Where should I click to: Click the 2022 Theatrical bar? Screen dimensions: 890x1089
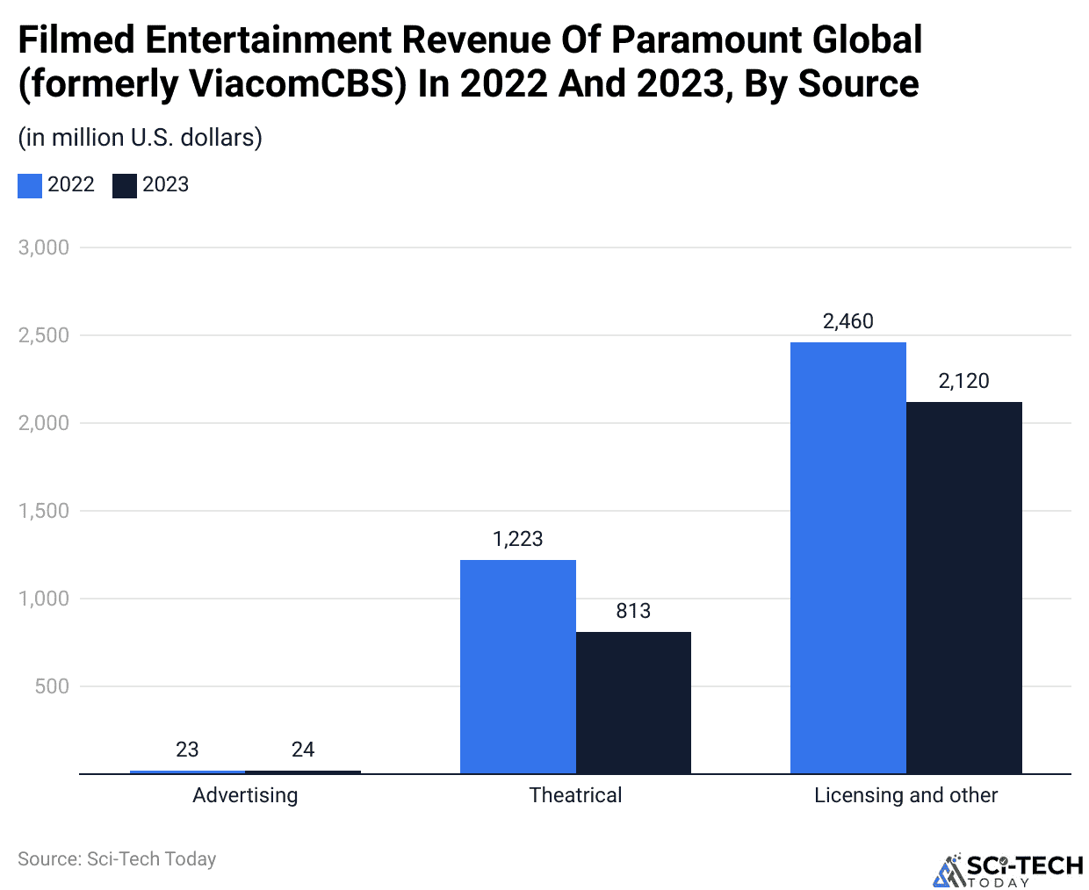517,666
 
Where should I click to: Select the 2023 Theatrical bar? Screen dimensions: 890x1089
633,702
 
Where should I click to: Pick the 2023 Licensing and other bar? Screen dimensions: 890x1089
963,587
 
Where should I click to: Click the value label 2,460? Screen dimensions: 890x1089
847,321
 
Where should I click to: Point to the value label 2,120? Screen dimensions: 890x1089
963,381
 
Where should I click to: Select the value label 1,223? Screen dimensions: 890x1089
517,539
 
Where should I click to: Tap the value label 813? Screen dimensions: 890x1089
633,611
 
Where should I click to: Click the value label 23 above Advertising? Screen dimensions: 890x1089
187,750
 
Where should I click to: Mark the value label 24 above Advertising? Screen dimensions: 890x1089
303,750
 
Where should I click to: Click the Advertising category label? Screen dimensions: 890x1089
245,795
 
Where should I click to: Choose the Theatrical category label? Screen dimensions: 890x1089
575,795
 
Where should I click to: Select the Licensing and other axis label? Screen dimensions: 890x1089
905,795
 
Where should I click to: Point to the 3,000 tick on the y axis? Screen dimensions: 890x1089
44,248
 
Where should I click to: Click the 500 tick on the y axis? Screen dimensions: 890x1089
52,686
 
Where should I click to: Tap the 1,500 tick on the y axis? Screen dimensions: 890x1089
44,511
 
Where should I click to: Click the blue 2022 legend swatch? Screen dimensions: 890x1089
30,185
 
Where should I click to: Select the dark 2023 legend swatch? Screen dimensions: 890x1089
125,185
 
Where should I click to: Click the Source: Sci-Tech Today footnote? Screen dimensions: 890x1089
117,859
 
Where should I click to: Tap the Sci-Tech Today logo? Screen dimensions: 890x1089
1007,870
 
